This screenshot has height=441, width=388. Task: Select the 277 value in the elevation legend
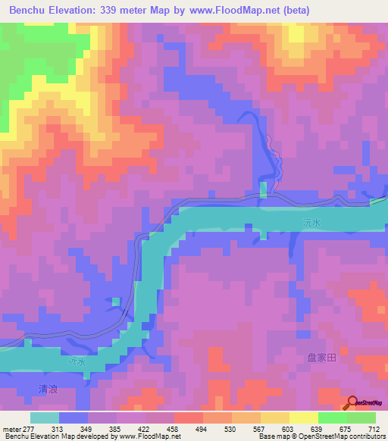(x=30, y=429)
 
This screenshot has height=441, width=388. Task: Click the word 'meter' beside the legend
(x=11, y=429)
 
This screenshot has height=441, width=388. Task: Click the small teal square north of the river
(x=263, y=189)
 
